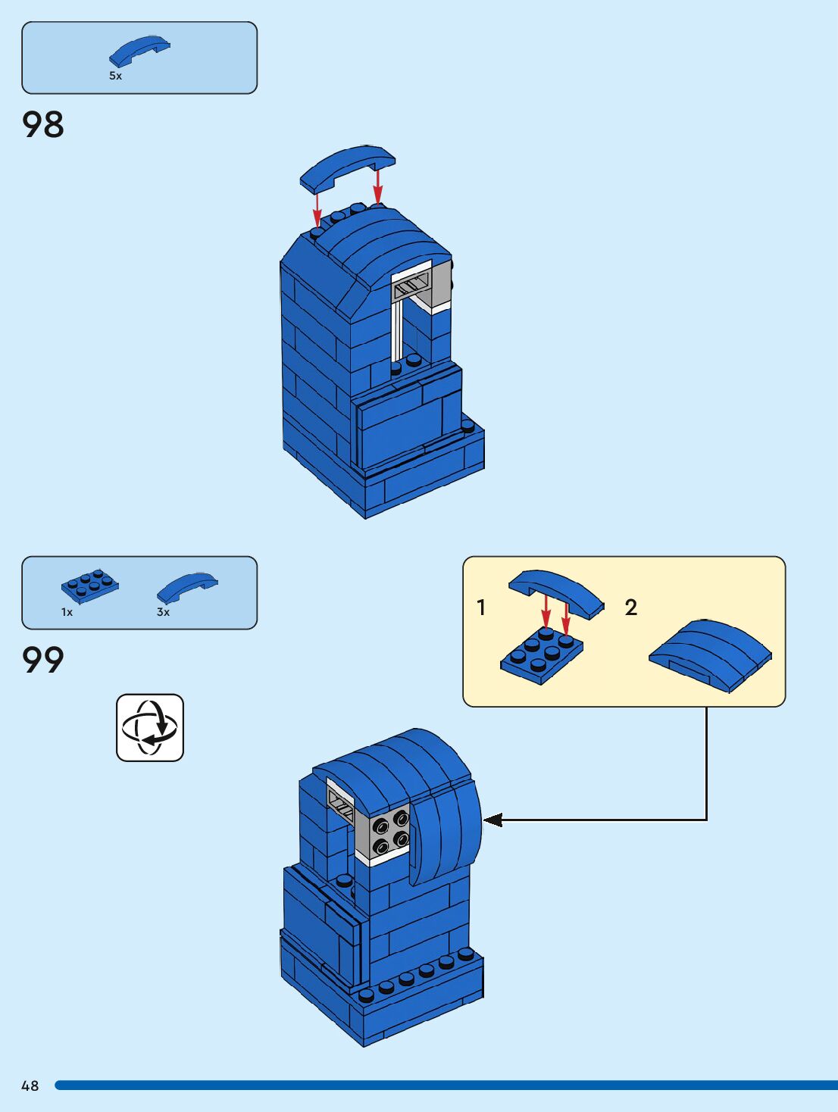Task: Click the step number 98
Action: [x=43, y=125]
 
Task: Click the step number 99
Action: [x=43, y=660]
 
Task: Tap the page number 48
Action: [x=30, y=1085]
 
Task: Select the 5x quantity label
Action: [x=115, y=76]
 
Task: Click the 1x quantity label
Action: [x=67, y=612]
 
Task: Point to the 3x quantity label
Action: [x=163, y=612]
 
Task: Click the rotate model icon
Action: [x=150, y=727]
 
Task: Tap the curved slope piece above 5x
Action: [x=139, y=52]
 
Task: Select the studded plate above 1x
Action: [x=90, y=586]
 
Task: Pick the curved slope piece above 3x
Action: [x=186, y=586]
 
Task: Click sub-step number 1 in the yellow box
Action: [x=481, y=607]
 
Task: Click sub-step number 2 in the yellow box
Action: [x=631, y=607]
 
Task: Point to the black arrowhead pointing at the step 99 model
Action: [x=492, y=820]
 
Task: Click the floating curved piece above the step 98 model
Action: [x=348, y=166]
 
